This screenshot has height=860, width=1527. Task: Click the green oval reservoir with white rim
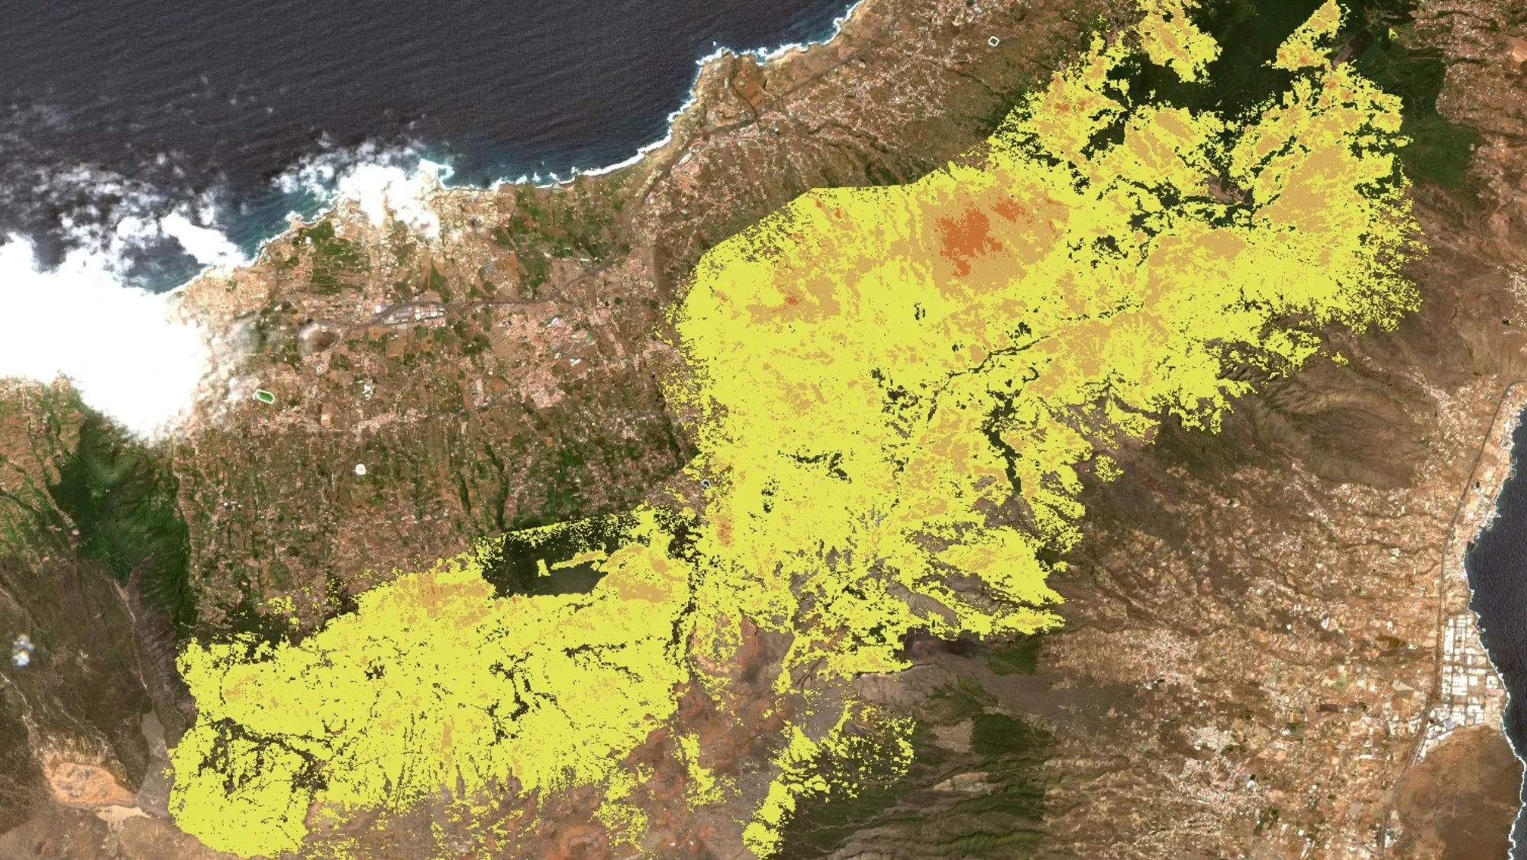[263, 396]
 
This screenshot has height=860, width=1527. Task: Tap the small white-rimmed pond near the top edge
[993, 40]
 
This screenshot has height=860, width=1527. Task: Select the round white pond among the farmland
[360, 467]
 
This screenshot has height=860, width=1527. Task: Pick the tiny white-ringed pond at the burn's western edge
[706, 483]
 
